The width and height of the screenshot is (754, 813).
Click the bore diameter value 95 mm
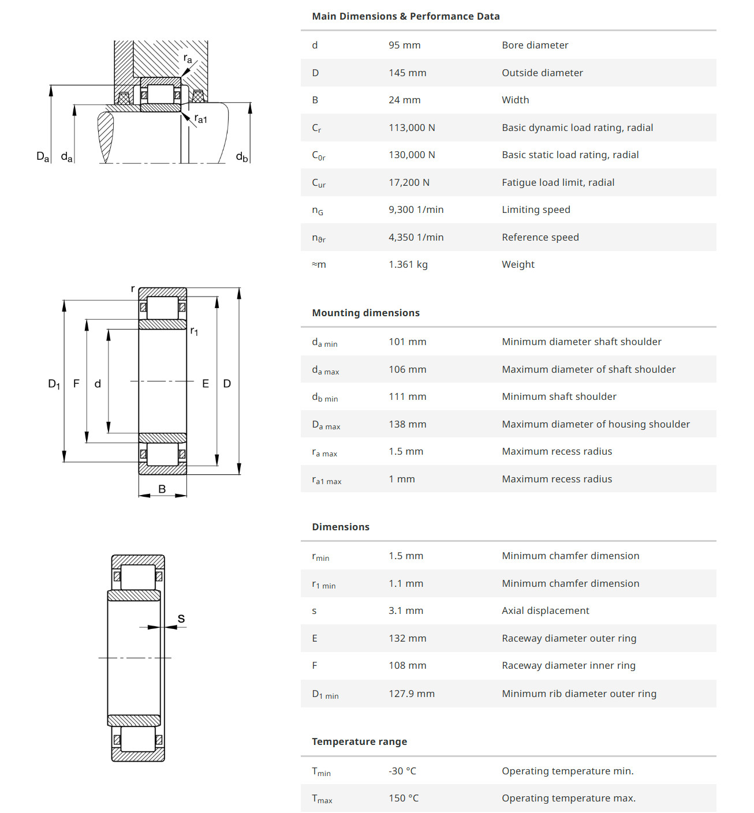[404, 45]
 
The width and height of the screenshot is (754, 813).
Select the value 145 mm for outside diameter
[407, 73]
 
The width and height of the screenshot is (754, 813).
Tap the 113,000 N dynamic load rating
[412, 128]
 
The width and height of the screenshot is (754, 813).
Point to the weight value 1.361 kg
[408, 264]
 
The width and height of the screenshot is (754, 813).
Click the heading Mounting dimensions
[365, 313]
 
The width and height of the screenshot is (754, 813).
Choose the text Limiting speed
[536, 209]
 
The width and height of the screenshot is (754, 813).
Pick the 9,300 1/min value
[416, 209]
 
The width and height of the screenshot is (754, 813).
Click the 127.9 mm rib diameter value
[411, 694]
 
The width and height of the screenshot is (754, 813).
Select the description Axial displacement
[545, 610]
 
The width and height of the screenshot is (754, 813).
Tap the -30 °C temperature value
[402, 771]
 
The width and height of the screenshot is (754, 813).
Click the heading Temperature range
[359, 741]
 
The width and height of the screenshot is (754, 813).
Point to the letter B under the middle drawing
[162, 489]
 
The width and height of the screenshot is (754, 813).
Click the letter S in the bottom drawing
[181, 619]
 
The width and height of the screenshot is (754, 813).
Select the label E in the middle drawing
[206, 384]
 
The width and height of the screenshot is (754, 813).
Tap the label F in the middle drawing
[76, 384]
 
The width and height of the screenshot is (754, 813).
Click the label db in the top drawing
[242, 156]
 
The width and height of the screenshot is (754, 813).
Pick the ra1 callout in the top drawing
[200, 119]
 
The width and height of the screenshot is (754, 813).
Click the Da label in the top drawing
[43, 156]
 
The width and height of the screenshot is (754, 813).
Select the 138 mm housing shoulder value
[407, 424]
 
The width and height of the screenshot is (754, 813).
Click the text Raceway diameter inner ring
[568, 665]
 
